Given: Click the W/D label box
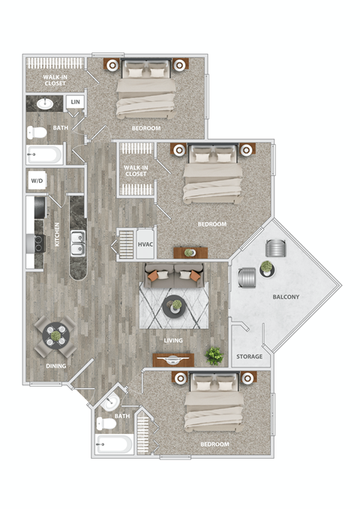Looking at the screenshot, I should [x=36, y=181].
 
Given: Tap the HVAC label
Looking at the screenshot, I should [x=145, y=244].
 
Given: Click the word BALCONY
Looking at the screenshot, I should [x=286, y=297].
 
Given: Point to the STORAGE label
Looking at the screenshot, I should [x=250, y=356].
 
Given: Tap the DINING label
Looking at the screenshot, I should [x=56, y=366].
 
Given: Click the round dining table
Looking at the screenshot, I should [x=55, y=337].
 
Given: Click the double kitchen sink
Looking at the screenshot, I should [x=78, y=241].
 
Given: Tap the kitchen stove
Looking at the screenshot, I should [x=34, y=242].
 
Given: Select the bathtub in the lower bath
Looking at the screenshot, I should [x=114, y=445].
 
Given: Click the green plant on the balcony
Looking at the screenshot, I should [x=266, y=267].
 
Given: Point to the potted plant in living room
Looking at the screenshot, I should [x=215, y=355].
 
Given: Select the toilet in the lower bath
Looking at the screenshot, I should [x=107, y=423].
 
